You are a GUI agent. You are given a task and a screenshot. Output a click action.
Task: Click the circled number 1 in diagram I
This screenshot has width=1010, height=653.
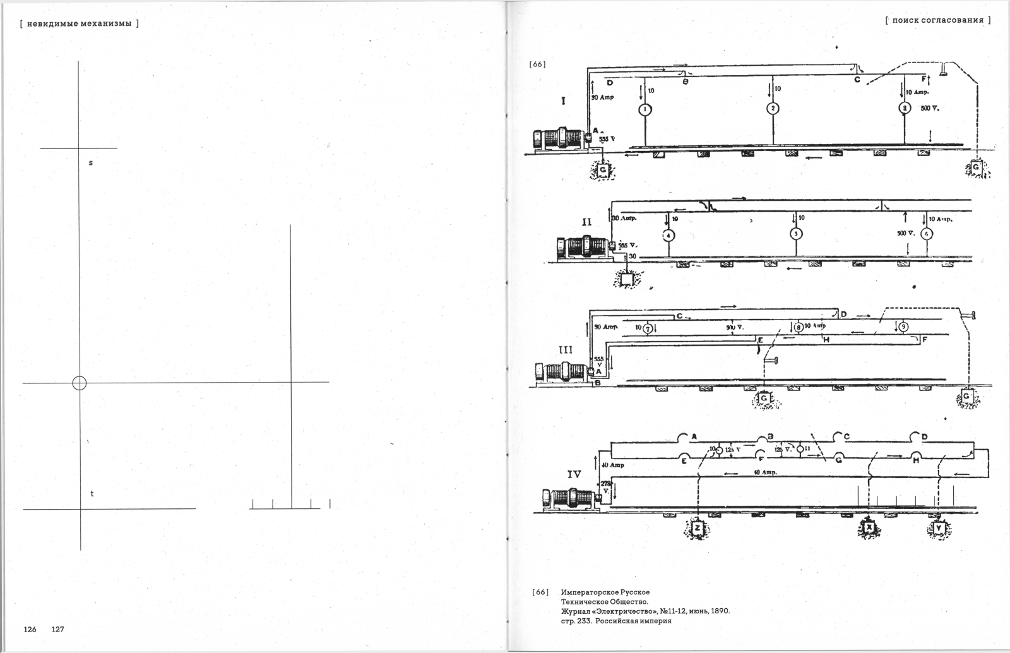pos(645,109)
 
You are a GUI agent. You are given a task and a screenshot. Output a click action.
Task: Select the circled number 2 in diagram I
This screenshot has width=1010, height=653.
pos(773,109)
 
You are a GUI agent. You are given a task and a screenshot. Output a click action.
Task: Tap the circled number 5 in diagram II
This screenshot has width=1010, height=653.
pos(796,234)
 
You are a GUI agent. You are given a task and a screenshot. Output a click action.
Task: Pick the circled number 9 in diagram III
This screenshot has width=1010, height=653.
pos(903,326)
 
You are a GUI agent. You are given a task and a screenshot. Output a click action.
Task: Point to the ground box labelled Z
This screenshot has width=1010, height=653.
pos(698,528)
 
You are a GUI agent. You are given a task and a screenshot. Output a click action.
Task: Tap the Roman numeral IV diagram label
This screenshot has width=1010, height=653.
pos(575,473)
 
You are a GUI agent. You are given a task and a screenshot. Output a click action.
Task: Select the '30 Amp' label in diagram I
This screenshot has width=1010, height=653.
pos(602,97)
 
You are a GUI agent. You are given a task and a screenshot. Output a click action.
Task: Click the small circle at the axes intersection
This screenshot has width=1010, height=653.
pos(80,383)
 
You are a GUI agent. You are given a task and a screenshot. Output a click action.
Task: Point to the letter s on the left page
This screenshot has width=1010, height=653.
pos(90,163)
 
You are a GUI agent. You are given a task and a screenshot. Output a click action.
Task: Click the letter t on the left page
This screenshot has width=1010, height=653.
pos(92,493)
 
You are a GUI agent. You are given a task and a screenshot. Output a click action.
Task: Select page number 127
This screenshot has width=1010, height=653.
pos(58,629)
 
